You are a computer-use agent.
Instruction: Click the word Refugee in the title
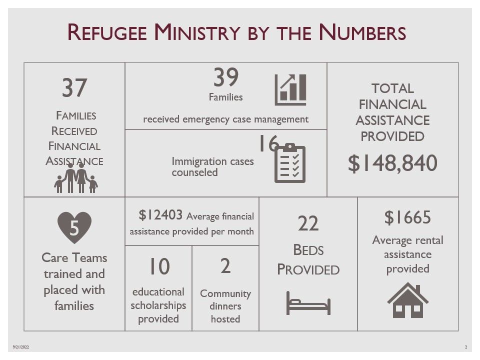pyautogui.click(x=107, y=32)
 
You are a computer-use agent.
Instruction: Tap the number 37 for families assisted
pyautogui.click(x=74, y=88)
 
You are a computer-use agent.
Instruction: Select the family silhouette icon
pyautogui.click(x=76, y=178)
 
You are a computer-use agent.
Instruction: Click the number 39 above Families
pyautogui.click(x=226, y=77)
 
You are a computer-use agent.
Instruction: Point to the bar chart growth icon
pyautogui.click(x=290, y=89)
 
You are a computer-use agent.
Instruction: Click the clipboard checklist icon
pyautogui.click(x=290, y=163)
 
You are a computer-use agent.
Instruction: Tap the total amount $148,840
pyautogui.click(x=392, y=163)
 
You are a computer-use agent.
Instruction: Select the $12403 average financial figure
pyautogui.click(x=160, y=215)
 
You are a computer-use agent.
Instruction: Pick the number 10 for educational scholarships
pyautogui.click(x=159, y=266)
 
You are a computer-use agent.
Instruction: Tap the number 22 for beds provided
pyautogui.click(x=308, y=223)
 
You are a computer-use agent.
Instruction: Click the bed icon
pyautogui.click(x=308, y=303)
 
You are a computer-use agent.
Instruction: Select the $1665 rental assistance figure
pyautogui.click(x=408, y=217)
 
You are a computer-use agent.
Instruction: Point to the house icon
pyautogui.click(x=408, y=300)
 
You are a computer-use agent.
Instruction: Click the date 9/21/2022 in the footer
pyautogui.click(x=21, y=347)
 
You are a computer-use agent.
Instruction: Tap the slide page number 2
pyautogui.click(x=466, y=347)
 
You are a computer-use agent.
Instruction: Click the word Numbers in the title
pyautogui.click(x=362, y=32)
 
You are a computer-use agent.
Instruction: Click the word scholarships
pyautogui.click(x=158, y=305)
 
